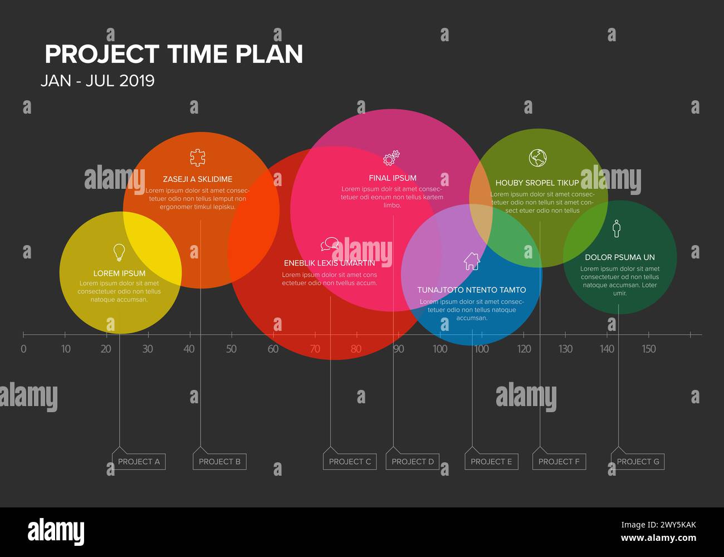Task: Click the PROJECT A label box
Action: (139, 461)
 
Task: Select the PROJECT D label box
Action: (412, 461)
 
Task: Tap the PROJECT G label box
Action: (638, 461)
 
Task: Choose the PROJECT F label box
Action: (559, 461)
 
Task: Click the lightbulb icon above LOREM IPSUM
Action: (119, 252)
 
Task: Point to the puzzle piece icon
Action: (197, 158)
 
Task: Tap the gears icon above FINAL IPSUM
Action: (392, 158)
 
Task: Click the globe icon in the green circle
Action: (537, 158)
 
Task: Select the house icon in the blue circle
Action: (472, 261)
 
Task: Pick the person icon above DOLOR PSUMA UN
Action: (616, 228)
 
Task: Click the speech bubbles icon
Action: (330, 244)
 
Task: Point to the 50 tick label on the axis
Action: (231, 349)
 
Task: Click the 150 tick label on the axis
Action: (648, 349)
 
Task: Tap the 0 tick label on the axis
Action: (23, 349)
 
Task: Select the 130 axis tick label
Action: (565, 349)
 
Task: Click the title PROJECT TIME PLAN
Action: (174, 55)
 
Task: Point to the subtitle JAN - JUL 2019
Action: (97, 81)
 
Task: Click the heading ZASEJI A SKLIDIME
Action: (197, 179)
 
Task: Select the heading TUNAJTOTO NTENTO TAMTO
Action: (471, 290)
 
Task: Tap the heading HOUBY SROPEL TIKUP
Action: (537, 183)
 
